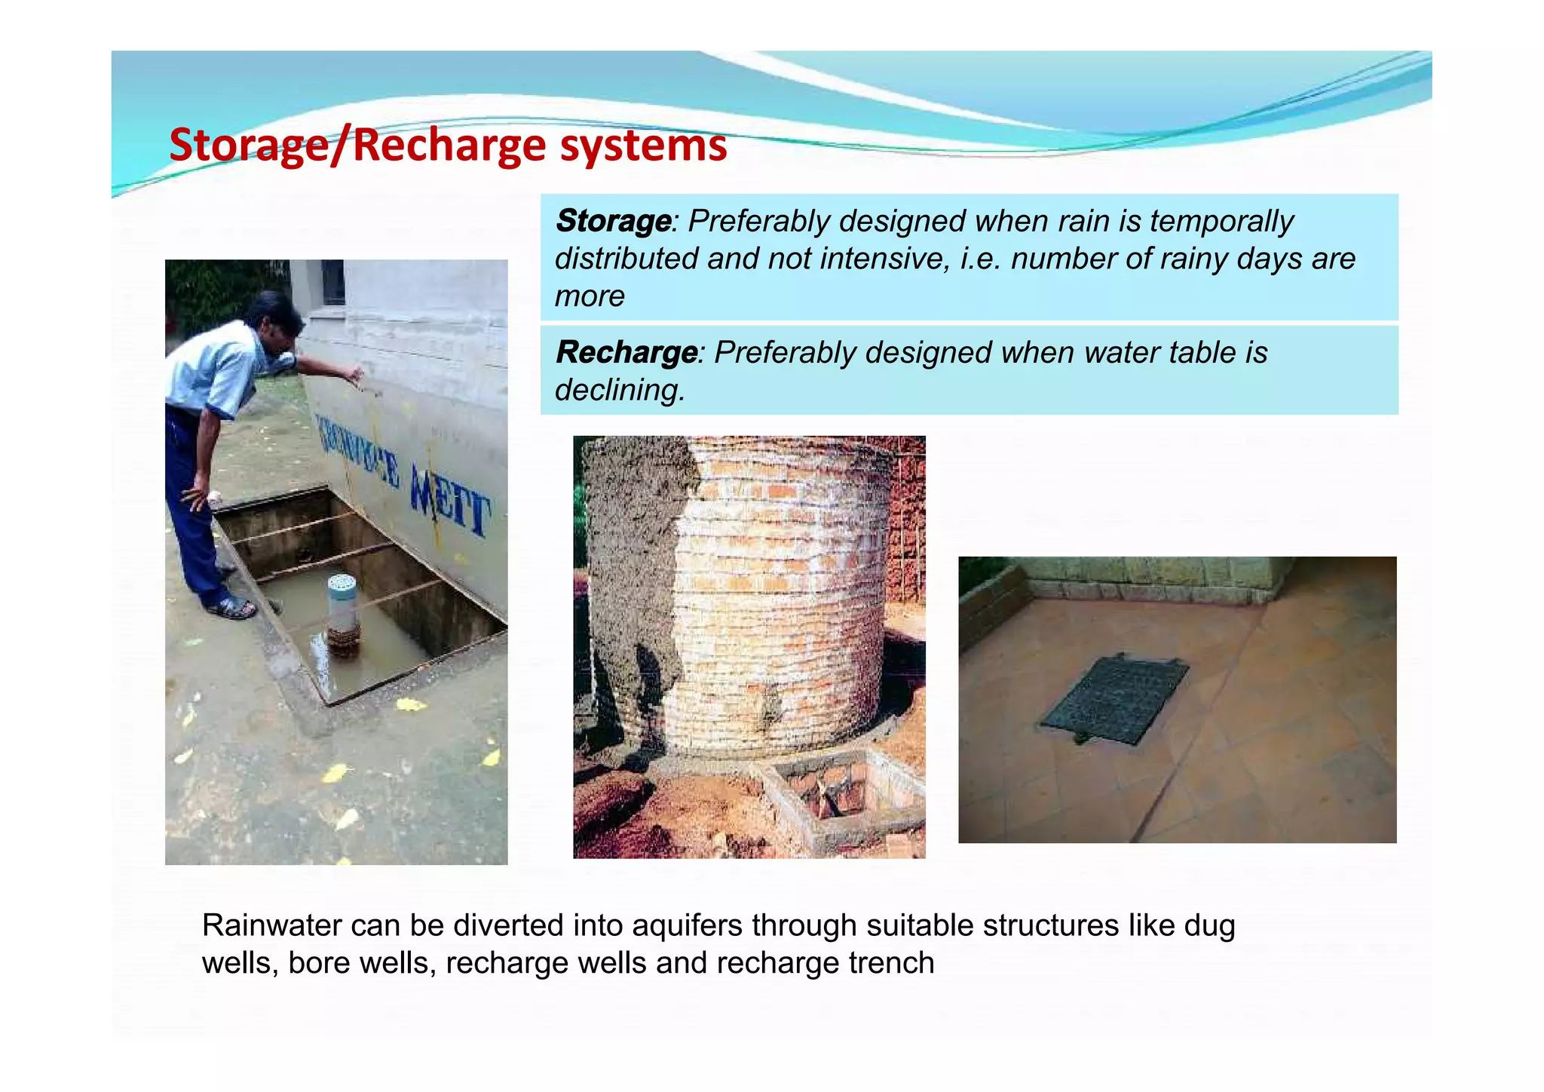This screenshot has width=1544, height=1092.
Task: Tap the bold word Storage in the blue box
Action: click(613, 221)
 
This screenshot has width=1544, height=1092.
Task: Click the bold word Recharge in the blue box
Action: click(626, 352)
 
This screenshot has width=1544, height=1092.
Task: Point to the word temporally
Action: click(1221, 221)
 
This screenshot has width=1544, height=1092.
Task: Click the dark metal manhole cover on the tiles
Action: click(1114, 698)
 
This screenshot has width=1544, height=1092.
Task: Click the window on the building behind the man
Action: click(332, 282)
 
